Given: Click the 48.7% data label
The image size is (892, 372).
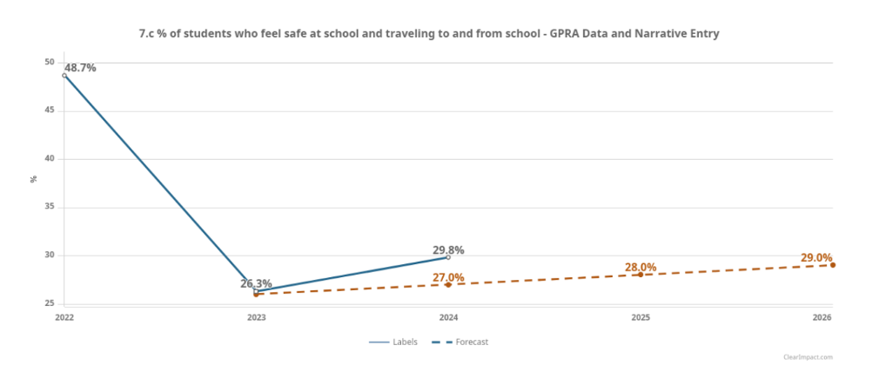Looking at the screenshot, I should (x=80, y=68).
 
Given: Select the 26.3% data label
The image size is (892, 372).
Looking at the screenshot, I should (x=256, y=283).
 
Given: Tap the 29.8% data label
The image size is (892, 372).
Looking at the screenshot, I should (x=448, y=250).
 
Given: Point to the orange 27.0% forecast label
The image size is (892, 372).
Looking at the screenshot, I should (x=448, y=278).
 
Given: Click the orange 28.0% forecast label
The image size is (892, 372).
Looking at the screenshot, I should (x=640, y=268).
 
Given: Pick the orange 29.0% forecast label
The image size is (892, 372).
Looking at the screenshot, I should (x=816, y=258).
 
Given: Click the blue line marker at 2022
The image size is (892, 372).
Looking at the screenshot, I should (x=64, y=76).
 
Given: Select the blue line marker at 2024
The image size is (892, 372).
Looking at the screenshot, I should (x=448, y=257).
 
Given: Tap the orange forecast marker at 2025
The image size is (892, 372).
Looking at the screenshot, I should (x=640, y=275).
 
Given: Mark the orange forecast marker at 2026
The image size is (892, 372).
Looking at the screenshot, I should (x=833, y=265).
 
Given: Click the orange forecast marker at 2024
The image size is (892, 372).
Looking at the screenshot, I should (x=448, y=285).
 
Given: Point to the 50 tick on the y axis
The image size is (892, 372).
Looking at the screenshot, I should (x=50, y=63).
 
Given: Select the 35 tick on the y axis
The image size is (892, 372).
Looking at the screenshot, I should (x=50, y=208).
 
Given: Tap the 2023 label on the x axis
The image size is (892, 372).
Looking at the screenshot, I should (x=256, y=318).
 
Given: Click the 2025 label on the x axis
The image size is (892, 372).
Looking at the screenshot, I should (x=640, y=318).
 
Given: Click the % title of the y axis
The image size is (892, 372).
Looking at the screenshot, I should (x=34, y=179).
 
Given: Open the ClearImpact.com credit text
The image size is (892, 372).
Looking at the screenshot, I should (x=808, y=357).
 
